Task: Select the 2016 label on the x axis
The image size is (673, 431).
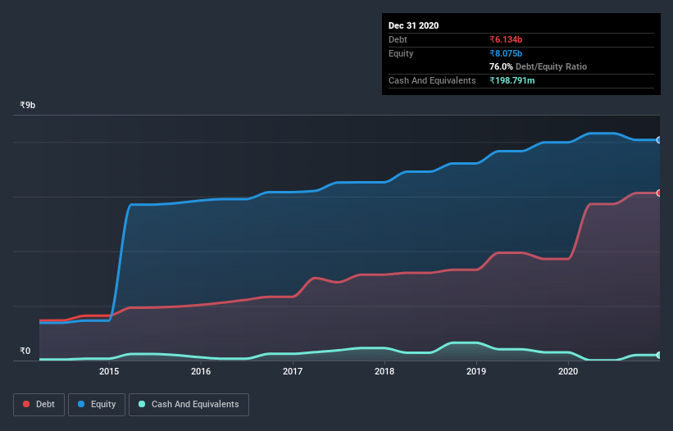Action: pyautogui.click(x=201, y=371)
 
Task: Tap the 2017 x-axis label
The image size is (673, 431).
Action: pyautogui.click(x=293, y=371)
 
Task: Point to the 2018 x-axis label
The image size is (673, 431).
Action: pyautogui.click(x=384, y=371)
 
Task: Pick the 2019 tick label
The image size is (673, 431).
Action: pyautogui.click(x=476, y=371)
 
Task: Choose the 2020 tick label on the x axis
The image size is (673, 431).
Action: pyautogui.click(x=568, y=371)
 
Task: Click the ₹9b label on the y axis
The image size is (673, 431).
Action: pyautogui.click(x=28, y=106)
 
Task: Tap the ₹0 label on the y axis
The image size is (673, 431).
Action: pyautogui.click(x=25, y=352)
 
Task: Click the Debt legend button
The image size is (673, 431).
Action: pyautogui.click(x=39, y=404)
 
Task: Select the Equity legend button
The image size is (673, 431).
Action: pyautogui.click(x=98, y=404)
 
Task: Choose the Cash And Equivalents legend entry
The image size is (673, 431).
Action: pyautogui.click(x=189, y=404)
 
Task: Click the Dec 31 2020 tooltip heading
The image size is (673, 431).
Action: pyautogui.click(x=413, y=25)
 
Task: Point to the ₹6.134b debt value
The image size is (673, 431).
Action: pyautogui.click(x=506, y=39)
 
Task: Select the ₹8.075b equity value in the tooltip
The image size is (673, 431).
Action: pyautogui.click(x=506, y=53)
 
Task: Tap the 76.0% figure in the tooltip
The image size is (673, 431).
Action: pyautogui.click(x=502, y=66)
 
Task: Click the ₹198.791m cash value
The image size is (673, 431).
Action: pyautogui.click(x=512, y=80)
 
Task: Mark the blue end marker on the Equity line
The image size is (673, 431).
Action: pyautogui.click(x=658, y=140)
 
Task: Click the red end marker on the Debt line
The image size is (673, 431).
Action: pyautogui.click(x=658, y=193)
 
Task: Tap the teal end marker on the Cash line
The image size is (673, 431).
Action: pyautogui.click(x=658, y=355)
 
